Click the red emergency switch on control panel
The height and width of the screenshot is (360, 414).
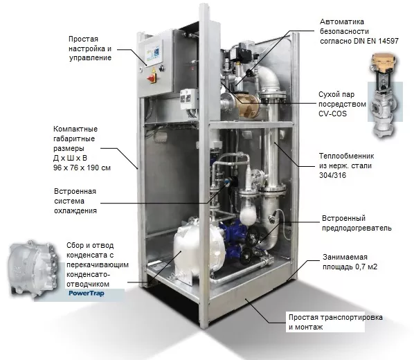click(x=152, y=78)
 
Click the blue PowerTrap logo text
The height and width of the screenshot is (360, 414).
click(x=87, y=294)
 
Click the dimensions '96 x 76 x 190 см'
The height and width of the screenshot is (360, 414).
click(x=82, y=168)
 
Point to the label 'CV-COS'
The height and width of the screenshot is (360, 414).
click(x=332, y=114)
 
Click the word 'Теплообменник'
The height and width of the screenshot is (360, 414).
click(x=346, y=156)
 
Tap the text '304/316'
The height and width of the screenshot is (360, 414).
click(x=332, y=175)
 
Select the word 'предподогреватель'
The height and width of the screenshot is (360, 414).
click(x=357, y=228)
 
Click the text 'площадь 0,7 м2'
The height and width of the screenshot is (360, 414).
click(x=350, y=267)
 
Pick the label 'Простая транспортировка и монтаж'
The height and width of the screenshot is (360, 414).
click(x=336, y=322)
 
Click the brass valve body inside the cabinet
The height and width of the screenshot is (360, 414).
click(x=247, y=104)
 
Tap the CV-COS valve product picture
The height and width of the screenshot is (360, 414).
click(x=385, y=96)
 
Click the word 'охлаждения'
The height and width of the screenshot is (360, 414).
click(x=75, y=210)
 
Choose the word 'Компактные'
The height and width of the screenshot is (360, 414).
click(x=75, y=129)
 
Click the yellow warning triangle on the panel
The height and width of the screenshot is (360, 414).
click(x=154, y=70)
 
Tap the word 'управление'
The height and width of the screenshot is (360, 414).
click(x=90, y=58)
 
